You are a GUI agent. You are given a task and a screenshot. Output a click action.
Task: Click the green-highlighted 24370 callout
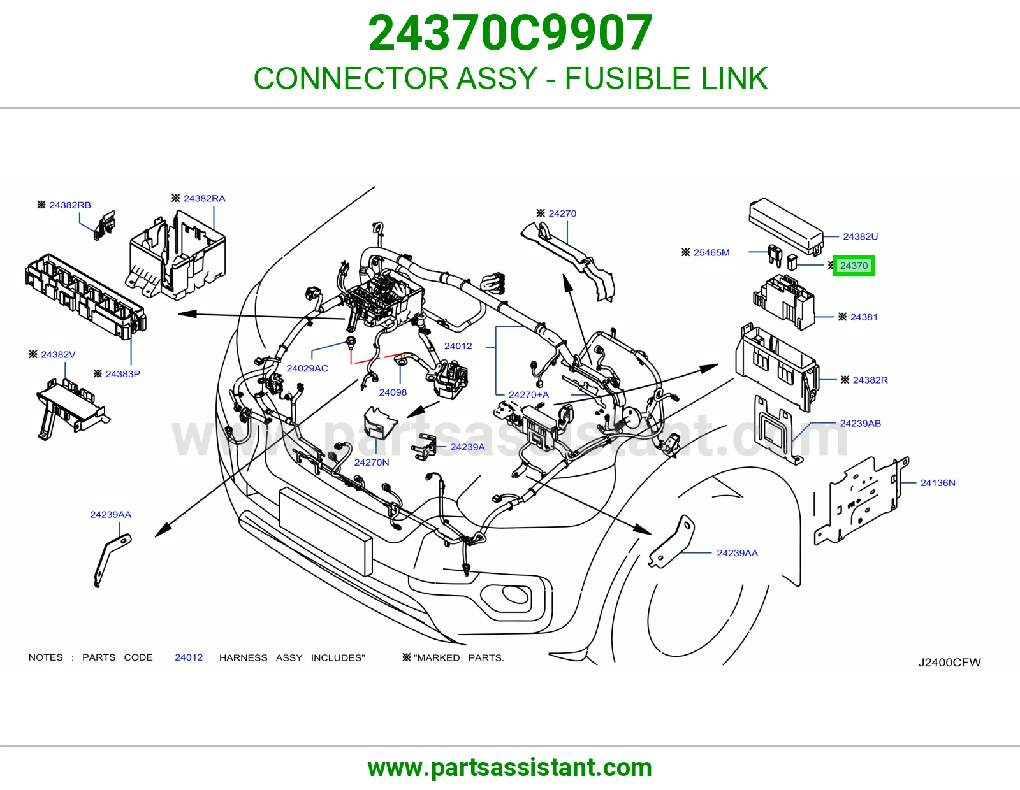(854, 266)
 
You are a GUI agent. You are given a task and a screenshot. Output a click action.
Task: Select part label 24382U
(860, 236)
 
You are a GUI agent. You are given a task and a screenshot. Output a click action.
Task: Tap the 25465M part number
(711, 252)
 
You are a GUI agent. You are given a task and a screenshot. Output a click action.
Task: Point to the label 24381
(864, 317)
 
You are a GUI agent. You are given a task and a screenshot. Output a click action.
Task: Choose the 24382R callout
(870, 380)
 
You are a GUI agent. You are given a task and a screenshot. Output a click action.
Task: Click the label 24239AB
(860, 423)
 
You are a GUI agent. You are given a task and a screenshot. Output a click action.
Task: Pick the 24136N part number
(937, 483)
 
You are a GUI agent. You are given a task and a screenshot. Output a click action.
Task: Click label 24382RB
(70, 205)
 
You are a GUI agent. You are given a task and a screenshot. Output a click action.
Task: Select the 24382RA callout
(204, 198)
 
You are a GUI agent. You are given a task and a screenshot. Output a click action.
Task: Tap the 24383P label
(122, 374)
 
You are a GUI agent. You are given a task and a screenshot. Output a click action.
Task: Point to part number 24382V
(58, 355)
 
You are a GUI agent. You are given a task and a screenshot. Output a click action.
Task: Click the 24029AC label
(307, 368)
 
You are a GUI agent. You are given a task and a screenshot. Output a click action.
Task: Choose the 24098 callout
(393, 392)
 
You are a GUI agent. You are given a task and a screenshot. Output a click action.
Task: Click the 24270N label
(371, 463)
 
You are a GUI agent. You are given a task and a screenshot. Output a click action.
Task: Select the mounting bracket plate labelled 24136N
(861, 500)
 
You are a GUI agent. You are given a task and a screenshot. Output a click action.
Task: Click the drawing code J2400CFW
(949, 663)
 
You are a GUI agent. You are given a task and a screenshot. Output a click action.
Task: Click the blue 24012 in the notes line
(189, 657)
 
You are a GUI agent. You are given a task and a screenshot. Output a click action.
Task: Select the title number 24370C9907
(510, 33)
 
